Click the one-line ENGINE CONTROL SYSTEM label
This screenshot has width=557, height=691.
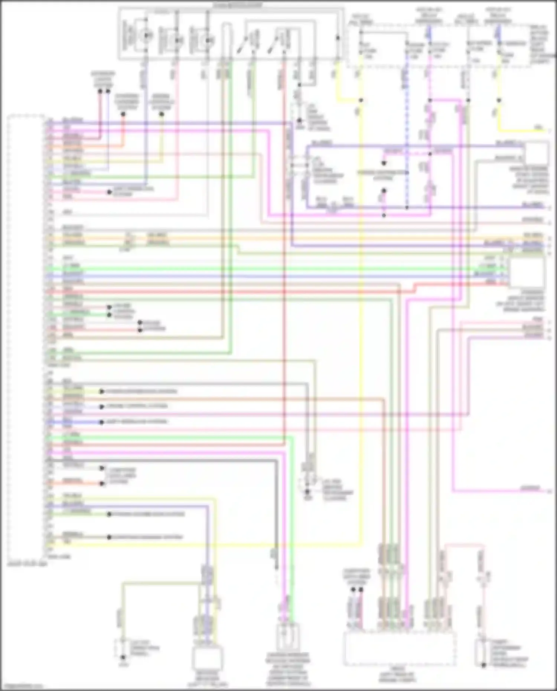(137, 406)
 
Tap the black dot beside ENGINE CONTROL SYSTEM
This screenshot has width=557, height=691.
(102, 407)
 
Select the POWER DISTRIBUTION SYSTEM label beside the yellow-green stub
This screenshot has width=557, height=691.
(141, 391)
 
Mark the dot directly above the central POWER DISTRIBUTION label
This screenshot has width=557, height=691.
(384, 163)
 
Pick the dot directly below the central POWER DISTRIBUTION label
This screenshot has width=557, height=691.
(384, 191)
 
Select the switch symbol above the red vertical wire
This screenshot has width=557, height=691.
(279, 41)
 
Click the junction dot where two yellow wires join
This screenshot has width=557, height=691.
(360, 100)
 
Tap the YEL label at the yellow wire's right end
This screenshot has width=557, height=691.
(538, 128)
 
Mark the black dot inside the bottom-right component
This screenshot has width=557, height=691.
(483, 665)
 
